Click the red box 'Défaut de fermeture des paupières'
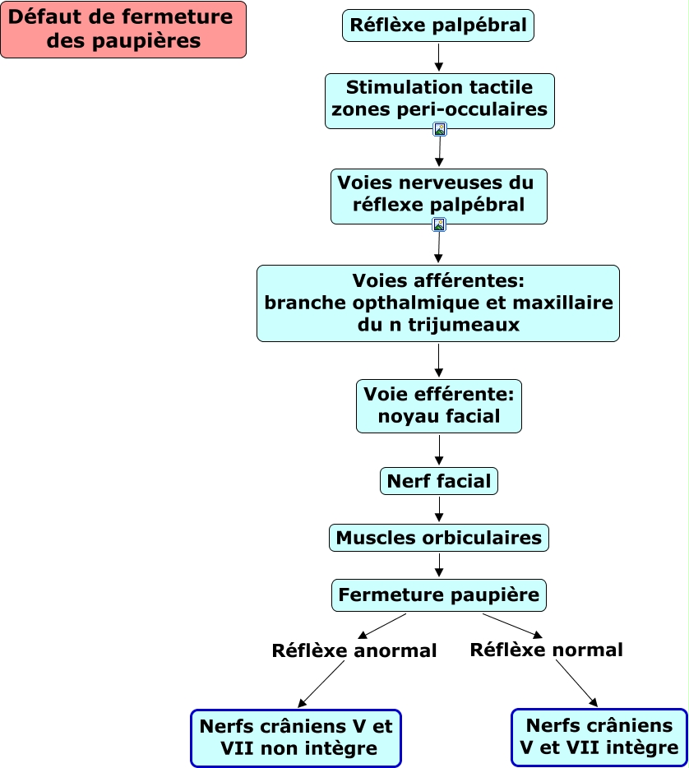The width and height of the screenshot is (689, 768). point(123,30)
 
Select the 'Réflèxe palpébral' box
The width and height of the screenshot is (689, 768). point(438,25)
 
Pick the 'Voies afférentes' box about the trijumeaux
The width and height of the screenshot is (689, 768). point(437,303)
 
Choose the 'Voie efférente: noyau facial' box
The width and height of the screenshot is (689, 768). point(438,405)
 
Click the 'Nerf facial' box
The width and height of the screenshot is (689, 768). point(439,481)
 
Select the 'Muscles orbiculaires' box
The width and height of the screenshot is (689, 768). point(439,538)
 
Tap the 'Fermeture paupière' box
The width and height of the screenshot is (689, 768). point(439,595)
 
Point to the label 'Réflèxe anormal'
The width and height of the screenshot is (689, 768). point(354,651)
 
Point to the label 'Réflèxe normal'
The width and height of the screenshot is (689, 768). point(546,650)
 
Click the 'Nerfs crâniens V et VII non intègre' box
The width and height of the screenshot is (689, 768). point(296,738)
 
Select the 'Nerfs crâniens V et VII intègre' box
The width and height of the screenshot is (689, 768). point(599,737)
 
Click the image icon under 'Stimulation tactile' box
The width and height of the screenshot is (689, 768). point(440,129)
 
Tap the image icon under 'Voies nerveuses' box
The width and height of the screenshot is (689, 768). point(439,224)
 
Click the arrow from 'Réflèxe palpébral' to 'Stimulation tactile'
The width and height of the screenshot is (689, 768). point(439,57)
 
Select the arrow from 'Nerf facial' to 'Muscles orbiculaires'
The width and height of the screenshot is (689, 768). point(439,509)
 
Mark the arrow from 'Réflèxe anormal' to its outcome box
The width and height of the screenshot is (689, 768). point(321,684)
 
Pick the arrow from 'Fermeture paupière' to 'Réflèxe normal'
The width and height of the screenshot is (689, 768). point(513,625)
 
